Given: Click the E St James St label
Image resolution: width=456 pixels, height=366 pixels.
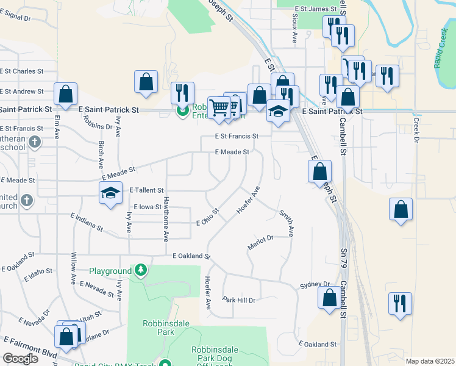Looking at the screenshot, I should (315, 9).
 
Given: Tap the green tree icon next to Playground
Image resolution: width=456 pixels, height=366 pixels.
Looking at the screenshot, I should (141, 270).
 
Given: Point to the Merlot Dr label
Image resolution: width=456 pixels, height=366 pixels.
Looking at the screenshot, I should (260, 242).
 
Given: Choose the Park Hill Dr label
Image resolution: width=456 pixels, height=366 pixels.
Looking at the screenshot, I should (238, 300).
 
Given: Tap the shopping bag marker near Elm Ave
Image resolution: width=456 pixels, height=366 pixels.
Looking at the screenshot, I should (65, 94).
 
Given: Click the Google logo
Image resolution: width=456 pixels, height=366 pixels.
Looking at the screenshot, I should (20, 359).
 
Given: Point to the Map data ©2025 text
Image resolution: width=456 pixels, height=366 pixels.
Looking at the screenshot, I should (430, 361).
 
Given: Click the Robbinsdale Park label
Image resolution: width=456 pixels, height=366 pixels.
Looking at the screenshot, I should (158, 328).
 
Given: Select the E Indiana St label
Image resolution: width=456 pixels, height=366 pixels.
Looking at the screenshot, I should (87, 222).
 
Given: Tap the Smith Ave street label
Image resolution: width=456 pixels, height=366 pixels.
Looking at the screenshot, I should (287, 223).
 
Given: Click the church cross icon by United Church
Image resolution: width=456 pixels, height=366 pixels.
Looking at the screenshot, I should (26, 200).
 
